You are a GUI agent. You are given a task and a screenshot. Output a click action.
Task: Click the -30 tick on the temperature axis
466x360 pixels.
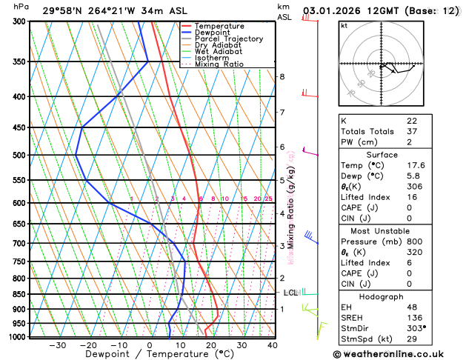tap(57, 345)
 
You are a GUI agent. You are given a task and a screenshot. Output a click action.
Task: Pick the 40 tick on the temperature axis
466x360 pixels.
tap(273, 345)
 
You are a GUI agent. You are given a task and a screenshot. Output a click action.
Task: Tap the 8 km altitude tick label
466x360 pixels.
tap(282, 77)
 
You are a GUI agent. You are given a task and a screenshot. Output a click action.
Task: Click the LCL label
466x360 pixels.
tap(290, 293)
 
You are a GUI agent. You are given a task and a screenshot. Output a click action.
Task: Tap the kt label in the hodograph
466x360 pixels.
tap(344, 25)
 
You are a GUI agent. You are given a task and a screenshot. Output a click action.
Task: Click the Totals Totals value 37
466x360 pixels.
tap(412, 131)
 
